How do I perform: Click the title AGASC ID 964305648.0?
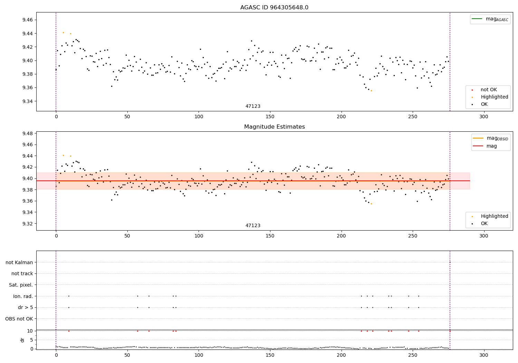[x=274, y=8]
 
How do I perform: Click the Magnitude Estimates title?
[x=274, y=127]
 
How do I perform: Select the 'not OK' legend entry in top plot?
[x=488, y=90]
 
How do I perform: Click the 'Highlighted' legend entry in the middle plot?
[x=494, y=216]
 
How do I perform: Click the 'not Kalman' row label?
[x=19, y=262]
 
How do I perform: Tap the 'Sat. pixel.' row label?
[x=21, y=285]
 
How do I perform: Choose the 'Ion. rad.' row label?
[x=23, y=296]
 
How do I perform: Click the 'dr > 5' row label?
[x=25, y=307]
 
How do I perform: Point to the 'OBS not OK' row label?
[x=19, y=319]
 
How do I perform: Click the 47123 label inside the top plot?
[x=253, y=106]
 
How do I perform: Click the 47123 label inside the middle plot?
[x=253, y=226]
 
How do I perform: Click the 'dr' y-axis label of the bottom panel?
[x=22, y=340]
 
